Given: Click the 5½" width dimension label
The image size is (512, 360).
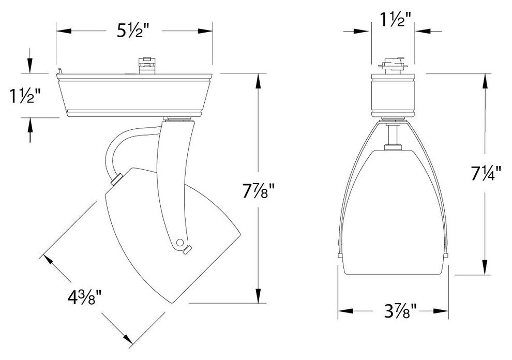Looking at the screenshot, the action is [x=133, y=31].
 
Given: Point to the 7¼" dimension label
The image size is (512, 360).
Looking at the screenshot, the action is [x=486, y=173].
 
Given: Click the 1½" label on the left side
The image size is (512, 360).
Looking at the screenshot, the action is [x=24, y=96].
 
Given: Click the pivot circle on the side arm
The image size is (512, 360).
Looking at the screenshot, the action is [x=179, y=243].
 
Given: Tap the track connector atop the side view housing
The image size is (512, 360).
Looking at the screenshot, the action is [x=146, y=66].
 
